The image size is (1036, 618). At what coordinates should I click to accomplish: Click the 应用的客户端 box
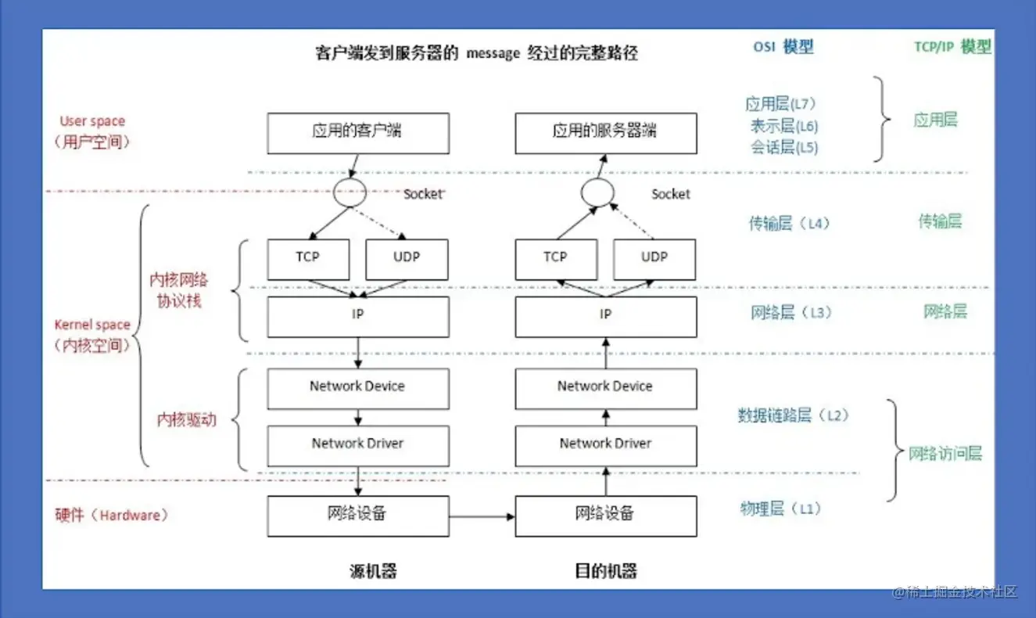[x=358, y=133]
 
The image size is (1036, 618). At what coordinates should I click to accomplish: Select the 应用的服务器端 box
[x=605, y=133]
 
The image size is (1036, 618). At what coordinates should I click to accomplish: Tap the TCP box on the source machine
[x=307, y=259]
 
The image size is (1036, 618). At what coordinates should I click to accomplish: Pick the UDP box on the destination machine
[x=654, y=259]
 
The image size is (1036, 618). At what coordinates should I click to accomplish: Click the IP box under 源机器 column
[x=358, y=316]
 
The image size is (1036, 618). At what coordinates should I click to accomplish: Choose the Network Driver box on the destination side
[x=605, y=445]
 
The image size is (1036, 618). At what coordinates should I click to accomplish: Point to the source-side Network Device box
[x=358, y=388]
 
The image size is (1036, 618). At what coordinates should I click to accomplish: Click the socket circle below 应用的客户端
[x=350, y=192]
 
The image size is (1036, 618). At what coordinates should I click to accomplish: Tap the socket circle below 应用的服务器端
[x=597, y=192]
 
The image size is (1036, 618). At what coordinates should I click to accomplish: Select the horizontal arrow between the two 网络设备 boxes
[x=482, y=516]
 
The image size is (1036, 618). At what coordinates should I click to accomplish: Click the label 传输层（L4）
[x=788, y=224]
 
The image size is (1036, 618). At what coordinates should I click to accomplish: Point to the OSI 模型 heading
[x=783, y=47]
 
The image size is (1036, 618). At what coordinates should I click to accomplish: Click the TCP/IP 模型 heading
[x=952, y=47]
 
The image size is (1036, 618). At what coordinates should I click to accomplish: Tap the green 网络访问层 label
[x=945, y=453]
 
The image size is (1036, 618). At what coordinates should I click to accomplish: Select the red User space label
[x=92, y=121]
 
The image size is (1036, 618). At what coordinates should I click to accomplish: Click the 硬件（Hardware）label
[x=111, y=515]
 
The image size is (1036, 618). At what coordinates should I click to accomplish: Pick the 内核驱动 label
[x=186, y=420]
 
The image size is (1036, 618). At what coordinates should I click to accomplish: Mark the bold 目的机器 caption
[x=605, y=570]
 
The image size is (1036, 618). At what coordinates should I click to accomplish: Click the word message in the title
[x=493, y=53]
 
